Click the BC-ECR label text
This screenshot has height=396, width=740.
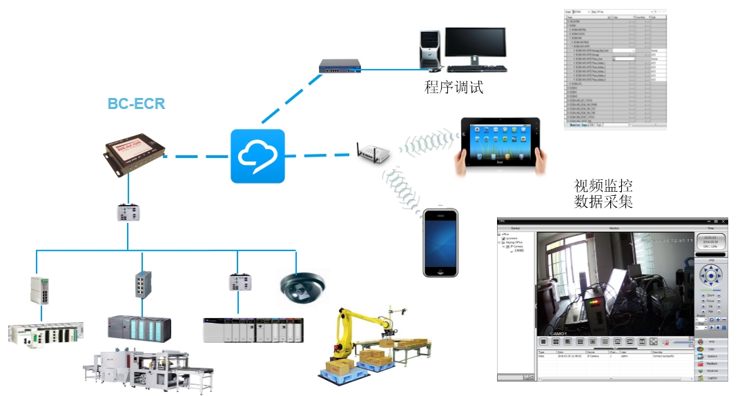click(x=136, y=105)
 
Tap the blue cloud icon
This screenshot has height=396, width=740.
click(x=257, y=156)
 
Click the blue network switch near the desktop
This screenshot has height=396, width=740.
click(x=340, y=66)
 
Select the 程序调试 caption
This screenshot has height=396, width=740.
click(x=454, y=88)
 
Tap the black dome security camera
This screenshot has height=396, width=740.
click(x=301, y=286)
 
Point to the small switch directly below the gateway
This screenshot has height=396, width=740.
click(x=129, y=212)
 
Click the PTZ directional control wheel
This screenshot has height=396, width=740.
click(x=711, y=277)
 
